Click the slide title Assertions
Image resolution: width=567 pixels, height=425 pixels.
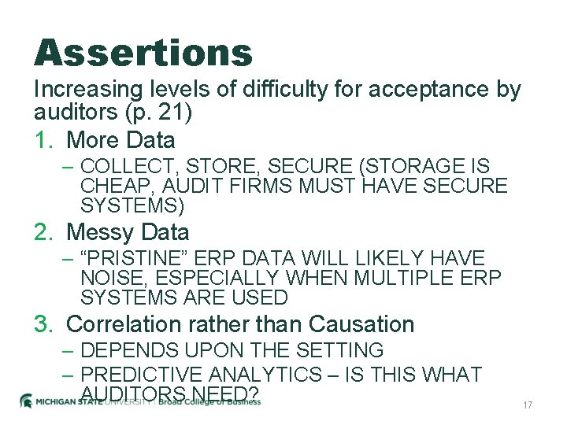click(143, 54)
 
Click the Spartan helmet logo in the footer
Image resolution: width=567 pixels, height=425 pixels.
click(27, 401)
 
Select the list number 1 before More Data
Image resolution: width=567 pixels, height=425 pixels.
click(43, 140)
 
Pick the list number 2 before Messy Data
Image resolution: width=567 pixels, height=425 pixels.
click(43, 232)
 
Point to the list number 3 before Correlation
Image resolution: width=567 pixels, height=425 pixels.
click(43, 324)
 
